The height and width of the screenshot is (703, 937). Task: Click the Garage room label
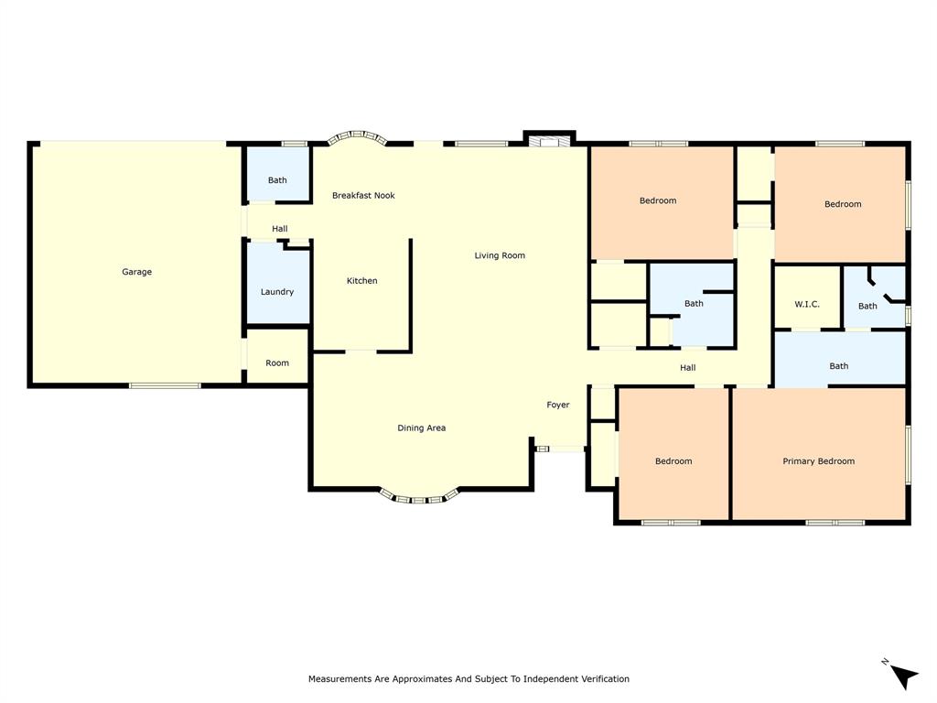click(137, 272)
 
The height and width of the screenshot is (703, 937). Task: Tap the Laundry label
click(277, 292)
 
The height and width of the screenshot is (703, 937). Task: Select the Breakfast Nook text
click(363, 195)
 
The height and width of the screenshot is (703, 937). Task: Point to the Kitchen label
click(361, 281)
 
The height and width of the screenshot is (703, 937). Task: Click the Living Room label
click(500, 255)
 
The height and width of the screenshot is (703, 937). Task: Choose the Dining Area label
click(421, 427)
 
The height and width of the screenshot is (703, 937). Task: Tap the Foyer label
click(558, 405)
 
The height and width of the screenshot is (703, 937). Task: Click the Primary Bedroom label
click(818, 461)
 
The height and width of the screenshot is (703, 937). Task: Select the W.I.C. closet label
click(806, 305)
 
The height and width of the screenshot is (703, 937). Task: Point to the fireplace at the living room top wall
click(549, 140)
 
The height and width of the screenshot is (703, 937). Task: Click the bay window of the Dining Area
click(419, 497)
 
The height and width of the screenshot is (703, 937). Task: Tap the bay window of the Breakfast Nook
click(357, 138)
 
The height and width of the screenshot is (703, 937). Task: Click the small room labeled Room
click(277, 363)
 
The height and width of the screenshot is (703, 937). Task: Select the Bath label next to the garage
click(277, 180)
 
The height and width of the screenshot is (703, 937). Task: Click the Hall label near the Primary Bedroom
click(688, 368)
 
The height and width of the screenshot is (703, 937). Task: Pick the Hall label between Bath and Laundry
click(280, 229)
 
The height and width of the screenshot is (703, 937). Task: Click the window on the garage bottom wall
click(165, 385)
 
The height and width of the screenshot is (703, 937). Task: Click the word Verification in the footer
click(600, 679)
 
